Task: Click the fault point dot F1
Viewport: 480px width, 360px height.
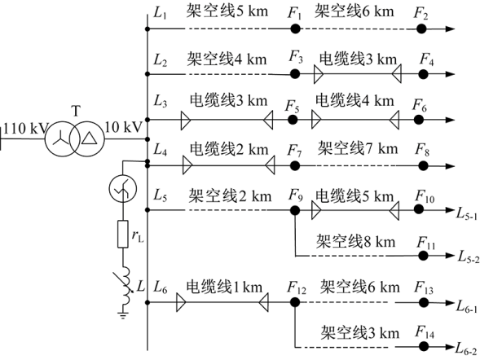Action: click(295, 29)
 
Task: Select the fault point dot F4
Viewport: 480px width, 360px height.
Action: click(424, 74)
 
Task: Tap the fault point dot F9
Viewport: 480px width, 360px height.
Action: click(295, 210)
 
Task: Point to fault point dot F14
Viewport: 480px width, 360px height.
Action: click(424, 346)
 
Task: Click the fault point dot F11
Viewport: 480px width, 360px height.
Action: click(424, 256)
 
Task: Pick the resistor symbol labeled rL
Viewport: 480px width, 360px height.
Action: click(123, 234)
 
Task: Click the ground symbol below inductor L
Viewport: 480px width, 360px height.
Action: click(123, 315)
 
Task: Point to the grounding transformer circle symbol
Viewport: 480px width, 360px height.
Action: click(123, 189)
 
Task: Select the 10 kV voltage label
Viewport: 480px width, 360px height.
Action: click(124, 127)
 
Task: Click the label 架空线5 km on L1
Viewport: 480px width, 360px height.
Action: click(227, 11)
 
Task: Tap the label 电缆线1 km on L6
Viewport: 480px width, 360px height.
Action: click(224, 287)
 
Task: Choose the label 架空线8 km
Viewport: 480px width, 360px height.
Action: click(355, 241)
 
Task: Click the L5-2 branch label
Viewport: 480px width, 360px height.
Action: click(469, 257)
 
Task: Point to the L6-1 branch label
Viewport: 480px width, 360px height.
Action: click(467, 306)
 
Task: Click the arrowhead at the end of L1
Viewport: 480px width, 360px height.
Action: click(451, 29)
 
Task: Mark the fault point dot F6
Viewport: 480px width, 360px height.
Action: click(419, 120)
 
